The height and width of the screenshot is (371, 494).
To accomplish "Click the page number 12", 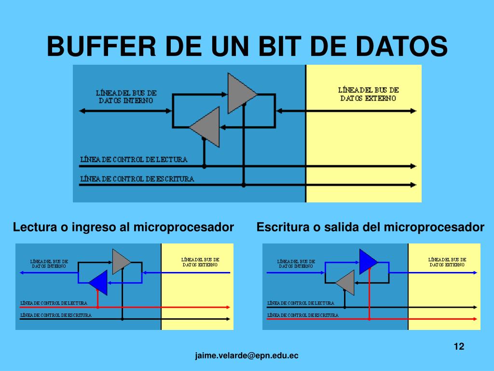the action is point(459,346).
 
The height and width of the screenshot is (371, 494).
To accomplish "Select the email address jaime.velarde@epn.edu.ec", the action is point(247,356).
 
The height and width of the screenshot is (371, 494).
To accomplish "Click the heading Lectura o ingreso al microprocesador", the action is point(123,227).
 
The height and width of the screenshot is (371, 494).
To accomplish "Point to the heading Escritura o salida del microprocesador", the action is point(370,227).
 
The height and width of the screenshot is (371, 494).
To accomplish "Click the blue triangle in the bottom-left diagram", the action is point(99,283).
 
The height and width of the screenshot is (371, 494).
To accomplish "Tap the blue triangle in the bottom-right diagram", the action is point(368,261).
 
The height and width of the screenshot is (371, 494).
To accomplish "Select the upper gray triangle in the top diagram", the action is point(240,93).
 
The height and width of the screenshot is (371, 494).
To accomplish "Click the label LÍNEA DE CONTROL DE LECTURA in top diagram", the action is point(134,159).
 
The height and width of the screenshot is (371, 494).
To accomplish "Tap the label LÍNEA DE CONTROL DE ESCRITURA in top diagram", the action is point(137,179).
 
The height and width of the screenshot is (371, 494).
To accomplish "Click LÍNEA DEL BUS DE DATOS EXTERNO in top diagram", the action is point(369,94).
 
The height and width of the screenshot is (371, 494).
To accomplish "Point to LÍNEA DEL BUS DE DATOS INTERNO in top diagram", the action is point(126,97).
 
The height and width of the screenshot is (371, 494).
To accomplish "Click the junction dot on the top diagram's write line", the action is point(244,185).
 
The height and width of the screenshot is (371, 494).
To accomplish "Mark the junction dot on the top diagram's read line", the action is point(204,166).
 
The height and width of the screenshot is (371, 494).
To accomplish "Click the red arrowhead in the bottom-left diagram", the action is point(227,307).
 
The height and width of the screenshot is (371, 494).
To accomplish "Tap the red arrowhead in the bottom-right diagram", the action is point(475,319).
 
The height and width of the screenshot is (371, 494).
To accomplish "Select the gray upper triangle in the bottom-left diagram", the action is point(121,261).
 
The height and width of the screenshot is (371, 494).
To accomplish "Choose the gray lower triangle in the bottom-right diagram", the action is point(346,283).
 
